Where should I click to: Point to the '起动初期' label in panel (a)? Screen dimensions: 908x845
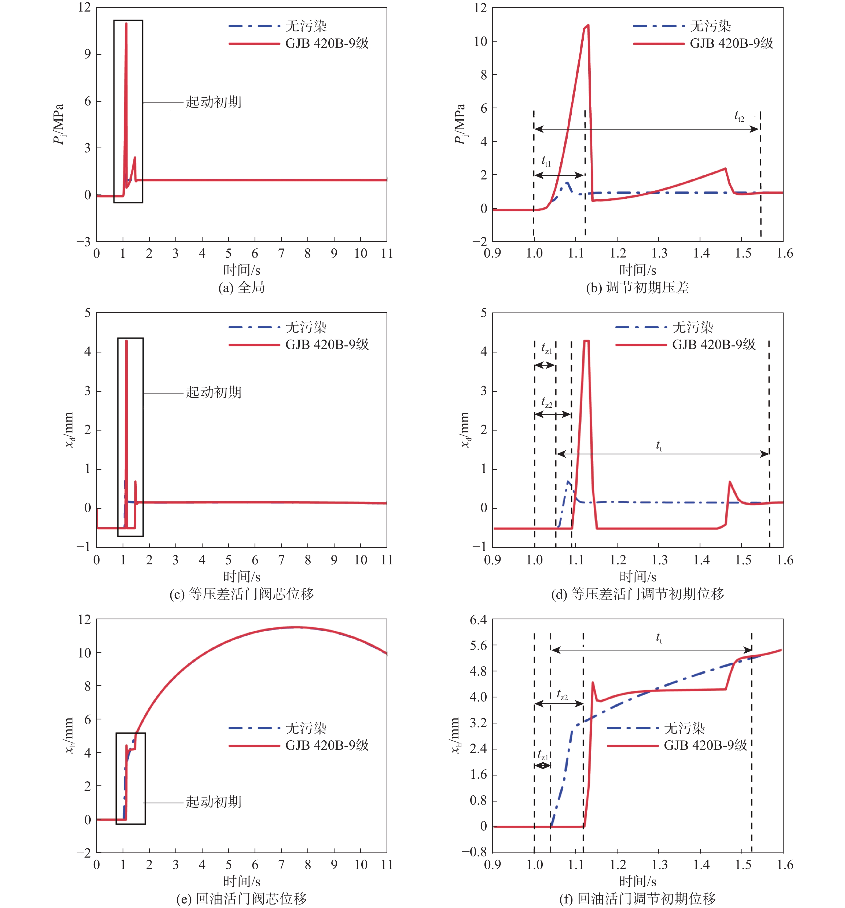213,102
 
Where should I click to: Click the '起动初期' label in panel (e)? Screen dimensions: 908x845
213,802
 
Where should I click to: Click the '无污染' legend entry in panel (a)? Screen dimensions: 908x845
306,26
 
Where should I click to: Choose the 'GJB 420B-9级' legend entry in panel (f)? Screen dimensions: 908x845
705,745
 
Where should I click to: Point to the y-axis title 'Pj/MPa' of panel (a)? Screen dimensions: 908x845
58,124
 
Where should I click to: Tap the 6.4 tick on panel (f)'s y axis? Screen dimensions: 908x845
478,620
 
